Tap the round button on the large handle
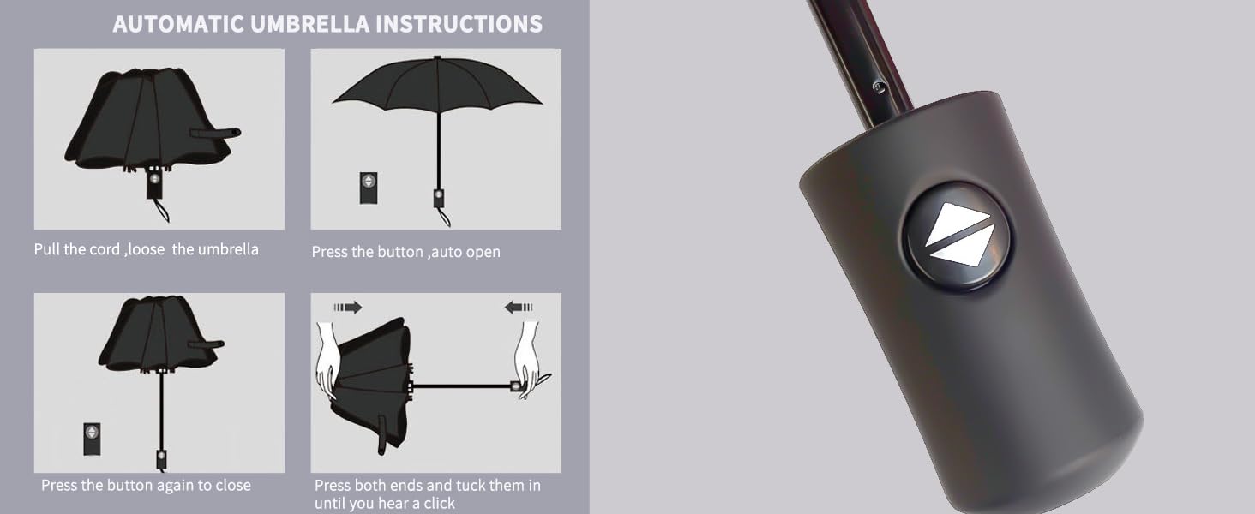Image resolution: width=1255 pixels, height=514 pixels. tap(957, 234)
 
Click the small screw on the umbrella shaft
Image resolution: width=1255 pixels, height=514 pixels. tap(877, 86)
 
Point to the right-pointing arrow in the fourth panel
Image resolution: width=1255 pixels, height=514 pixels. tap(348, 308)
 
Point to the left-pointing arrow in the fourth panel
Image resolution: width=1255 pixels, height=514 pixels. tap(519, 308)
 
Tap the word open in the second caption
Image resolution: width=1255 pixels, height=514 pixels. tap(483, 253)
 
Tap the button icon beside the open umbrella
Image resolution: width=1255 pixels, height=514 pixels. tap(369, 187)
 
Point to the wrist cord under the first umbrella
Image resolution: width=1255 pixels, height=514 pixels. tap(160, 208)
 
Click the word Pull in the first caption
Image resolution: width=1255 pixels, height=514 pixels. tap(47, 250)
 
